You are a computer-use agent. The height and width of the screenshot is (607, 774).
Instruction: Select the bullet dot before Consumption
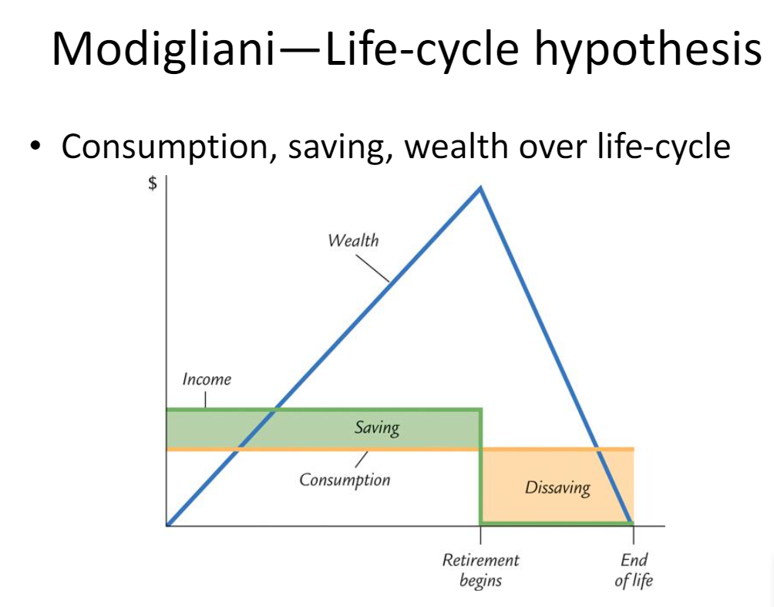[x=35, y=147]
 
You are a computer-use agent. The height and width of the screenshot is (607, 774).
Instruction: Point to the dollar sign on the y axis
[x=153, y=184]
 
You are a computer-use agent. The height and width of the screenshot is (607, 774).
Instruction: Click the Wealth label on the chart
[x=353, y=240]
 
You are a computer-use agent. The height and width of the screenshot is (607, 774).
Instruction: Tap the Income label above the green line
[x=206, y=379]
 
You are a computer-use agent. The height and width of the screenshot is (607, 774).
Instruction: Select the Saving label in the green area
[x=377, y=427]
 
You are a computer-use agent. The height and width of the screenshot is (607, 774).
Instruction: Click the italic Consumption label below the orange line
[x=345, y=480]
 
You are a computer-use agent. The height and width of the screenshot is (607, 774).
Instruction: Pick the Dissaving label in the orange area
[x=557, y=487]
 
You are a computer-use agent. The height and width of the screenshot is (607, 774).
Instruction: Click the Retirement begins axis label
[x=480, y=570]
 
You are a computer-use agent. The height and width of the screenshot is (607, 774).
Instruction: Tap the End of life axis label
[x=634, y=570]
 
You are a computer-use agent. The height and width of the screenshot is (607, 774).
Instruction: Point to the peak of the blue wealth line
[x=480, y=187]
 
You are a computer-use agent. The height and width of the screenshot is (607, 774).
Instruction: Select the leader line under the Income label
[x=206, y=399]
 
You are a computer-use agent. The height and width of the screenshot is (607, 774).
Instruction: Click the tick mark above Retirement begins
[x=480, y=535]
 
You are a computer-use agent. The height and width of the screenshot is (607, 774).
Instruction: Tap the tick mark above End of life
[x=634, y=535]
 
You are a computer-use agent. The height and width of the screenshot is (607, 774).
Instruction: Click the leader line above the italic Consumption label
[x=359, y=458]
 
